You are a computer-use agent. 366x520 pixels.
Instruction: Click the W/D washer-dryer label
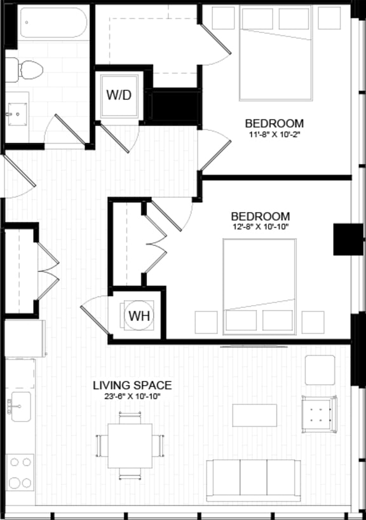[119, 95]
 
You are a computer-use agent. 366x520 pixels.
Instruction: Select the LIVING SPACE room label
[132, 385]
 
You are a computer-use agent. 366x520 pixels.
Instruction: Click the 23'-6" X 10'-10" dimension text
[132, 397]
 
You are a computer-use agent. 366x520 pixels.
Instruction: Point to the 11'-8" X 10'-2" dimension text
[275, 135]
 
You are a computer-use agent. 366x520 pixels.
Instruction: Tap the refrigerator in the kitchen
[24, 338]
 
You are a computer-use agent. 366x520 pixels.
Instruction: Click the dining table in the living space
[130, 445]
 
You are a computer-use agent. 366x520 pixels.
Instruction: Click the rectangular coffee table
[255, 415]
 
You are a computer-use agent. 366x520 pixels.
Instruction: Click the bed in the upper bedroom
[276, 54]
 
